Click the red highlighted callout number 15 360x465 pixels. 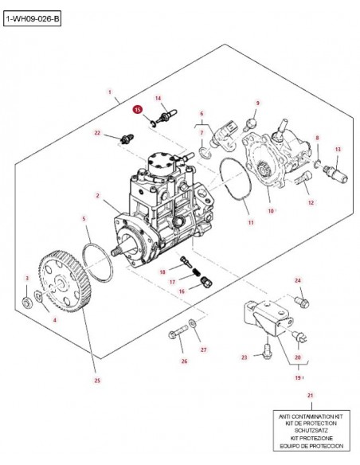tap(137, 110)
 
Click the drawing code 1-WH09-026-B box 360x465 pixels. tap(32, 19)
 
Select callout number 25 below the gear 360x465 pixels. tap(97, 381)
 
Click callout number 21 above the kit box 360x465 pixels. tap(310, 395)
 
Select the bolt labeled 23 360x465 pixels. tap(267, 351)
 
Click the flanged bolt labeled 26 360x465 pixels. tap(178, 332)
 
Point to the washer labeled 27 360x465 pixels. tap(192, 323)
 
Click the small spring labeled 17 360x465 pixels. tap(196, 272)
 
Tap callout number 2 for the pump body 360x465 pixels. tap(97, 195)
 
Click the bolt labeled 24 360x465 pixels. tap(302, 303)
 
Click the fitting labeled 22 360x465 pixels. tap(127, 139)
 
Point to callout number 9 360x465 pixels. tap(258, 103)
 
